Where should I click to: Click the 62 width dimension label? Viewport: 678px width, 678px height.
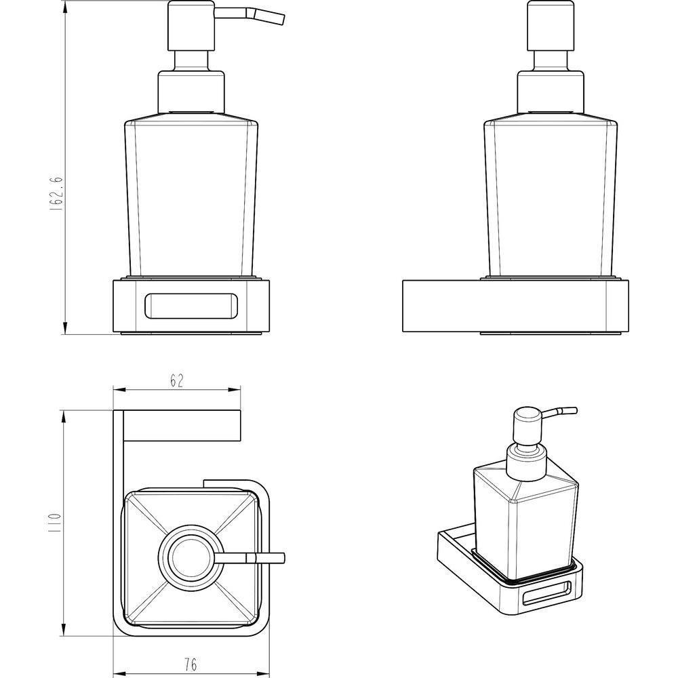[x=177, y=380]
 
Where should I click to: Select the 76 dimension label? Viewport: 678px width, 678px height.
[x=191, y=664]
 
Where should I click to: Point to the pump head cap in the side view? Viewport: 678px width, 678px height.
[x=550, y=26]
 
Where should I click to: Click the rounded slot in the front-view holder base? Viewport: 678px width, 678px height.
[x=191, y=306]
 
